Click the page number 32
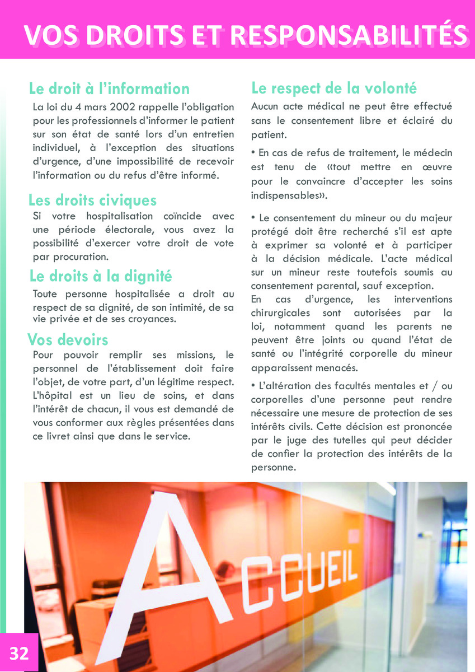pos(18,653)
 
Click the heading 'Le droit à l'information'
pos(109,88)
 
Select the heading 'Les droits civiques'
pos(92,200)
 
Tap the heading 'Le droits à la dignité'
pos(100,276)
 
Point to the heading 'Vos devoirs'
pos(68,339)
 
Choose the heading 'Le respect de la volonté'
pos(334,88)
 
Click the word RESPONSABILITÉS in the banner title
pos(349,35)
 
